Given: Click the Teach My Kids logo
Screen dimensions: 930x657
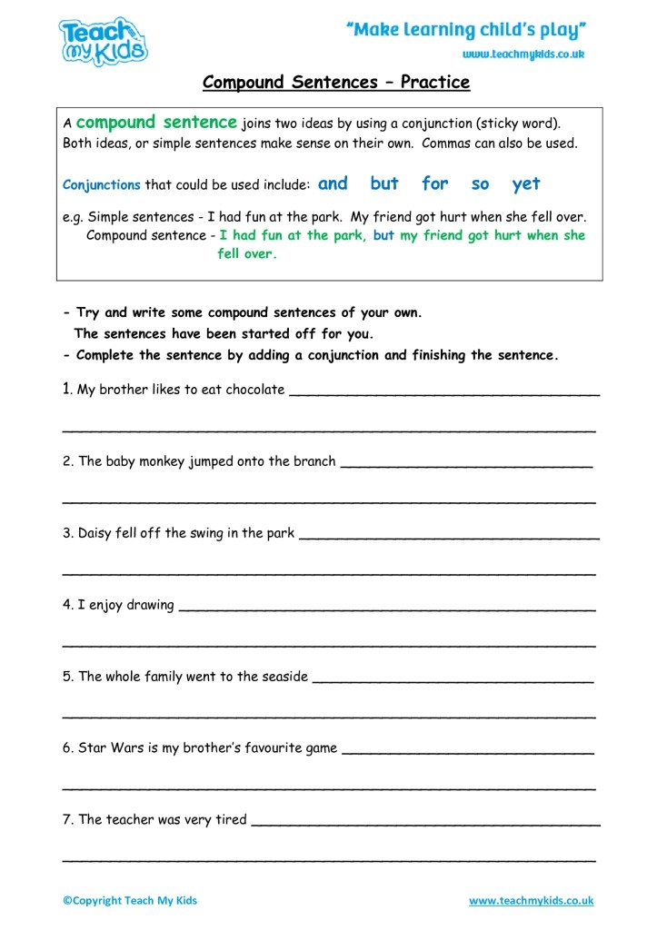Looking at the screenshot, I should (103, 40).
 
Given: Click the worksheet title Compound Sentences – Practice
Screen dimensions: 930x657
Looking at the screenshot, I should (336, 83).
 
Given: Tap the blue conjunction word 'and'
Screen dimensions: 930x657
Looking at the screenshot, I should (333, 183).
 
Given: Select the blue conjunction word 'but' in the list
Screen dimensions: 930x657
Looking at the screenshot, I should (384, 183).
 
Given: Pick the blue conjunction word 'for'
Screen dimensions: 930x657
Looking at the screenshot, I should (434, 183).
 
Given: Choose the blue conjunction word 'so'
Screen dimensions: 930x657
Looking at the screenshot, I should (480, 184).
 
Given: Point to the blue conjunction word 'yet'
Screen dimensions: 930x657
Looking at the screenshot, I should (526, 184).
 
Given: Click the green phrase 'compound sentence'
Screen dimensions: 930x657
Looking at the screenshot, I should (156, 123).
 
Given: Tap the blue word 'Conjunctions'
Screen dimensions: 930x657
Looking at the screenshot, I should (102, 185).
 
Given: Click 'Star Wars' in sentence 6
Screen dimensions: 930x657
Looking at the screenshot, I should (107, 748).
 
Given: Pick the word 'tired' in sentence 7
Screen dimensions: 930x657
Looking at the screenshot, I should (230, 819).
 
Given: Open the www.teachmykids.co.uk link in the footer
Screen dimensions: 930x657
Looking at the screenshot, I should (531, 901).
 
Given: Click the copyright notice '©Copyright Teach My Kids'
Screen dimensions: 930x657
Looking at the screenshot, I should (130, 901).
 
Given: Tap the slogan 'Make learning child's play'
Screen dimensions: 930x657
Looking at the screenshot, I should (466, 30).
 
